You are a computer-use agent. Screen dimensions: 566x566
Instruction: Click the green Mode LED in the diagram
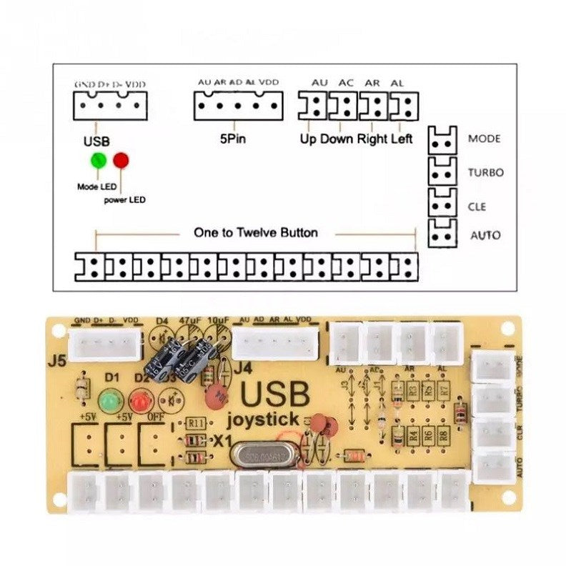(97, 159)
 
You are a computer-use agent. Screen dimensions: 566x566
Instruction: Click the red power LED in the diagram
(121, 159)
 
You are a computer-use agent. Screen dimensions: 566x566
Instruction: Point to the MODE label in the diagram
(484, 138)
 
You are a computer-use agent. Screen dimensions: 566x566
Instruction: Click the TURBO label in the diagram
(485, 172)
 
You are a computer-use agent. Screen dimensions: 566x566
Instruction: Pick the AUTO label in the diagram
(485, 235)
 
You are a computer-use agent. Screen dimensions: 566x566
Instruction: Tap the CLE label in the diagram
(477, 207)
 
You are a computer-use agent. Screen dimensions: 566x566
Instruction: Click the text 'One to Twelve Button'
(255, 233)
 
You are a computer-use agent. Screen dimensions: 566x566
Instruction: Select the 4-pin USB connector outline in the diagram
(109, 106)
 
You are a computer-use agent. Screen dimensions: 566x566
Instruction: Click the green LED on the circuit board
(109, 401)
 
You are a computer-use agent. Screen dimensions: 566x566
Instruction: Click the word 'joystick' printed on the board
(263, 420)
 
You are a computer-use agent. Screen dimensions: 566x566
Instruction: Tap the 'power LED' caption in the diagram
(124, 200)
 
